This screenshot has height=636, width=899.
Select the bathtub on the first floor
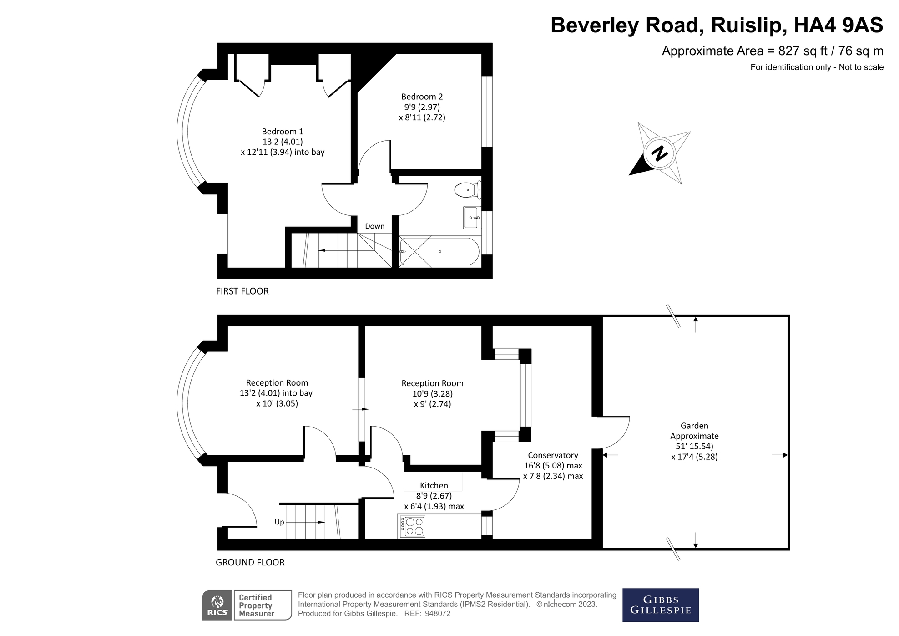click(x=439, y=251)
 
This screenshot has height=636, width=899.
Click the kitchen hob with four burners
click(x=412, y=526)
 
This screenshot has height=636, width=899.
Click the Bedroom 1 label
click(x=282, y=132)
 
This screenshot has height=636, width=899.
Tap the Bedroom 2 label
click(x=422, y=97)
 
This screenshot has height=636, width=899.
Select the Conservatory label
click(x=553, y=455)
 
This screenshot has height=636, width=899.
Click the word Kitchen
click(x=434, y=486)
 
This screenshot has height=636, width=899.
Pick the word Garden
click(x=694, y=426)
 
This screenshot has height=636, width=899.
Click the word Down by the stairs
click(x=374, y=226)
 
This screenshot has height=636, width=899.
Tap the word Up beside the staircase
click(x=279, y=522)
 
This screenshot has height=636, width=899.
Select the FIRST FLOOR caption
click(x=242, y=291)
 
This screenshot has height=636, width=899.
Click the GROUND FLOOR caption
click(x=250, y=563)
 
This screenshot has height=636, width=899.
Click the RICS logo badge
click(x=217, y=605)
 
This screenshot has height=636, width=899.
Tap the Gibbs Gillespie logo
click(x=660, y=605)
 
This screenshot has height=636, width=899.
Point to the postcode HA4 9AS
click(x=838, y=25)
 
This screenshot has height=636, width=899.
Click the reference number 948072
click(x=437, y=614)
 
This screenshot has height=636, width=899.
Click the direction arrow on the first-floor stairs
click(x=322, y=251)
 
